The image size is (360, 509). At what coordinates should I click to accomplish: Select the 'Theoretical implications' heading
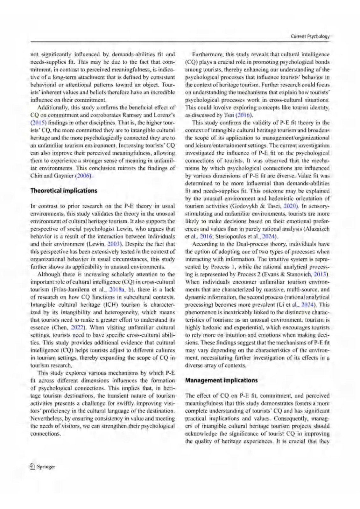pos(64,191)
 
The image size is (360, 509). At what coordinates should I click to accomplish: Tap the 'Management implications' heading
pos(221,380)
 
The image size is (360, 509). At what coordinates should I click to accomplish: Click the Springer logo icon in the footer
pos(32,467)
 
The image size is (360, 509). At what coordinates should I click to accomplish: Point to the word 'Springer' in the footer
pos(46,467)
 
